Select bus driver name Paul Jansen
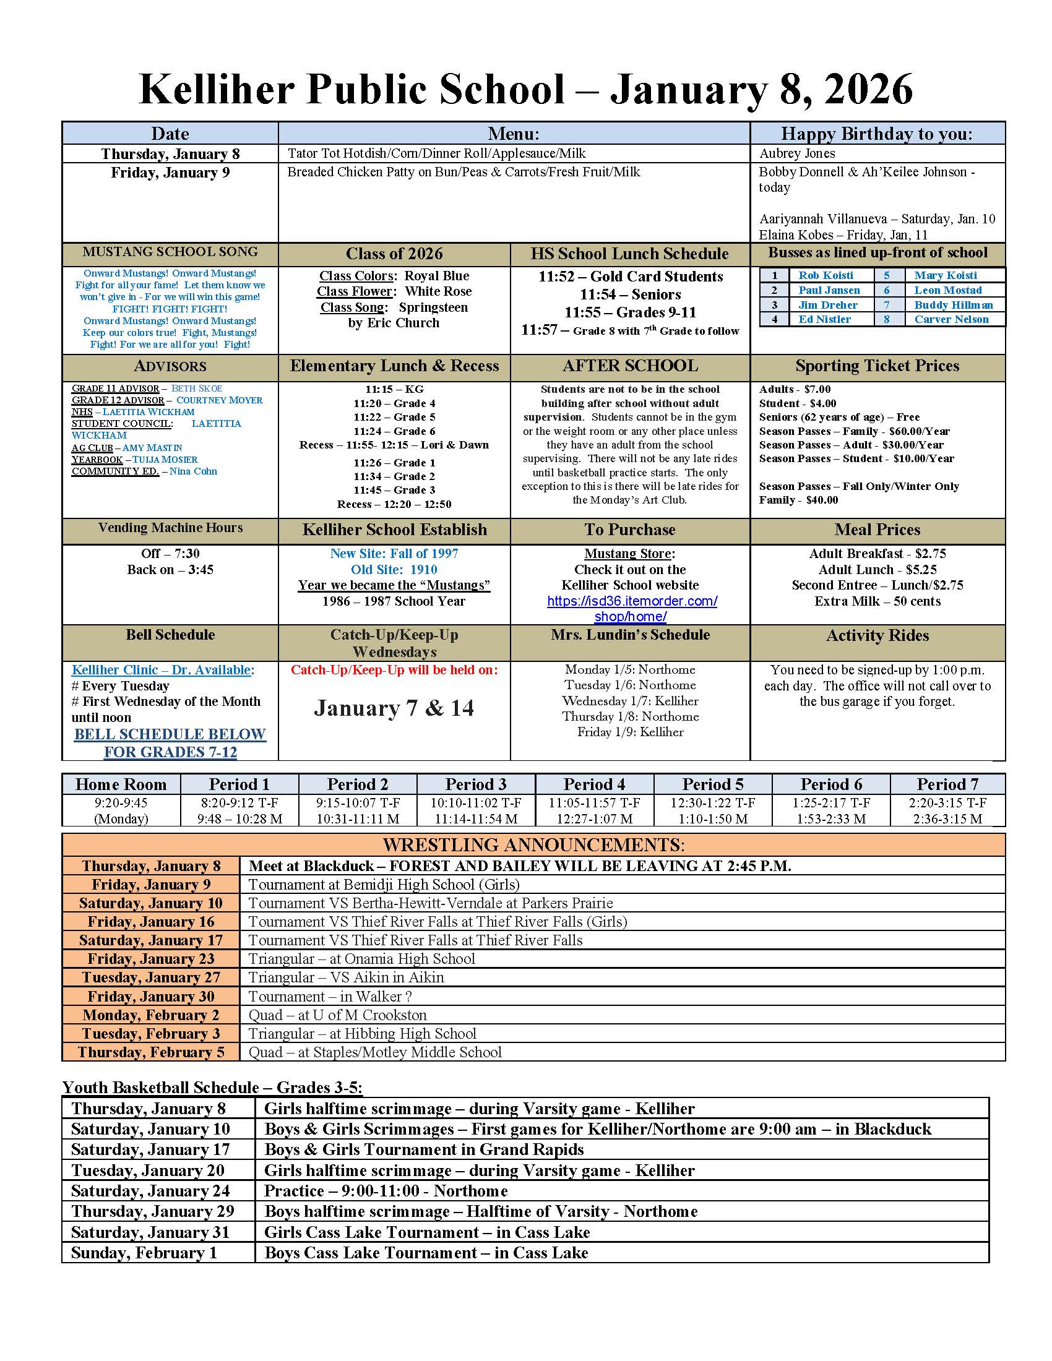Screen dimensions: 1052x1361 [x=828, y=290]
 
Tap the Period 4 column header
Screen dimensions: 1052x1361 [x=593, y=784]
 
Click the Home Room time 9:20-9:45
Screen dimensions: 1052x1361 [x=121, y=802]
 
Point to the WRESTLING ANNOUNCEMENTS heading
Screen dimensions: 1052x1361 [x=533, y=845]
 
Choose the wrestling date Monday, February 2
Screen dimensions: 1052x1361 [x=151, y=1015]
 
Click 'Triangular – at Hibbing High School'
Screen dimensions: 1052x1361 [x=362, y=1034]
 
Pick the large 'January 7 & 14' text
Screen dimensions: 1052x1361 [x=394, y=708]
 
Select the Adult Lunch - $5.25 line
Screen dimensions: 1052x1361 [x=877, y=570]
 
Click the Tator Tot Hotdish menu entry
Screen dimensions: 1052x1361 [x=436, y=153]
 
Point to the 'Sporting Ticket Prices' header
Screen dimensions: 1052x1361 [x=877, y=366]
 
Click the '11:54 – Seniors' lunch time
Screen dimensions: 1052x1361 [x=630, y=294]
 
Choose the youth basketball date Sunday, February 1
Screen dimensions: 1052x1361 [x=144, y=1253]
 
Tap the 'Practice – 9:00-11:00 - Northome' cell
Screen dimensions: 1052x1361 [x=386, y=1191]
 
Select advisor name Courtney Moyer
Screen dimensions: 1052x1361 [x=220, y=400]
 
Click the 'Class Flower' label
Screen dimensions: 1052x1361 [x=354, y=291]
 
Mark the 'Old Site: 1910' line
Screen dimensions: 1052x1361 [x=394, y=570]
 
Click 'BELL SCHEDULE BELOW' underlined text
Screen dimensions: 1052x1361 [x=170, y=734]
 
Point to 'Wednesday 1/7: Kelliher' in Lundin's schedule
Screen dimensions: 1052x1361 [x=630, y=701]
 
